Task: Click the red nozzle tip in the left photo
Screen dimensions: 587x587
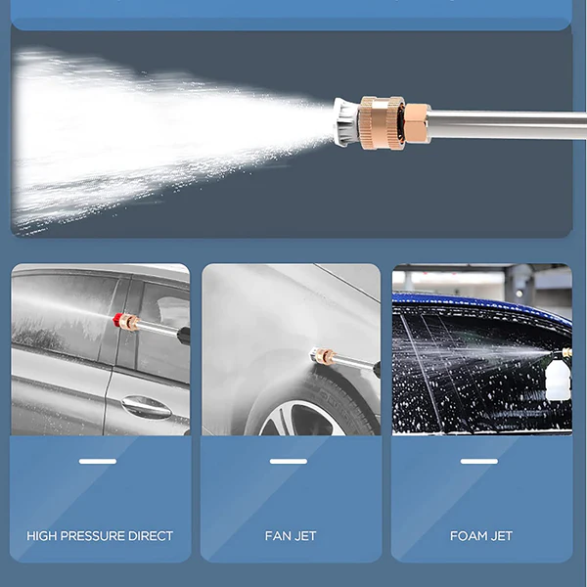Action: pos(119,320)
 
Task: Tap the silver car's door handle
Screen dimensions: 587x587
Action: pos(147,407)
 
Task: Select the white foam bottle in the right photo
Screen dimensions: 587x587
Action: pos(559,378)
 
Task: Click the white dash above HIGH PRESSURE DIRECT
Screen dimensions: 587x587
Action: pos(98,461)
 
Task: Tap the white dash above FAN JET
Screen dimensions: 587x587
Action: pos(289,461)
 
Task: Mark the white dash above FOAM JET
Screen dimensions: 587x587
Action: pos(479,461)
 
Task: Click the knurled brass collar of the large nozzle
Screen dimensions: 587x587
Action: pos(382,122)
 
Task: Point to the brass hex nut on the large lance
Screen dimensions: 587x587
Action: pos(417,123)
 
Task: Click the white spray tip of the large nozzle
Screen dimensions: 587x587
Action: pos(346,121)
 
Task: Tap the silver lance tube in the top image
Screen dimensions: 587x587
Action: pos(507,124)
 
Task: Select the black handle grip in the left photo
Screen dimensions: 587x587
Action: pos(184,336)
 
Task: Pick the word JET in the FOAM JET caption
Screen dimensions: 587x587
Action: pos(501,536)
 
